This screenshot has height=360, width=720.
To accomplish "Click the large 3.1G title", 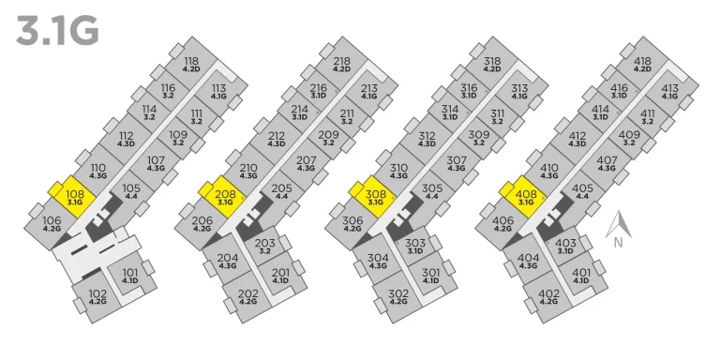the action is (57, 31).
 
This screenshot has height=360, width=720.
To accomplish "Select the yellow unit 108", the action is (74, 197).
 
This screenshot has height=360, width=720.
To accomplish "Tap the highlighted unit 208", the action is (225, 197).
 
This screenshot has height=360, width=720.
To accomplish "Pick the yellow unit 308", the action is (375, 197).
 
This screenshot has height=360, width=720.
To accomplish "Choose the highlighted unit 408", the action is (526, 197).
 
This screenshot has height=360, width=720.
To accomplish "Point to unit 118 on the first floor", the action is (191, 64).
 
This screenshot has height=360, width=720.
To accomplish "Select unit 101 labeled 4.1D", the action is (130, 275).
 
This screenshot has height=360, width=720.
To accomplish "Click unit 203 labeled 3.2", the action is (265, 246).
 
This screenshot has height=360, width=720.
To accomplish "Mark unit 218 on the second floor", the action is (341, 64).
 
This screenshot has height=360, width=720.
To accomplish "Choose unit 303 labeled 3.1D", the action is (415, 246).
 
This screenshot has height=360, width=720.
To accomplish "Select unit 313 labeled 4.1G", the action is (519, 91).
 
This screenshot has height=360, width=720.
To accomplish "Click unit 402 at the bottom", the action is (548, 296).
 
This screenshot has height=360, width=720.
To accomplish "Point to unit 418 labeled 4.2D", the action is (642, 64).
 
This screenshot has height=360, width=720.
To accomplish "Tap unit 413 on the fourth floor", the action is (670, 91).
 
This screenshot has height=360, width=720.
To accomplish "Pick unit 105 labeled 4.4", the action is (131, 191).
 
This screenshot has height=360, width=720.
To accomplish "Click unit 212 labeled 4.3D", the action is (277, 139).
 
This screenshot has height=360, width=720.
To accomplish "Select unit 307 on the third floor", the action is (457, 163).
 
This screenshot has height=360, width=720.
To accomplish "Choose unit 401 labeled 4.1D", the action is (581, 275).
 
